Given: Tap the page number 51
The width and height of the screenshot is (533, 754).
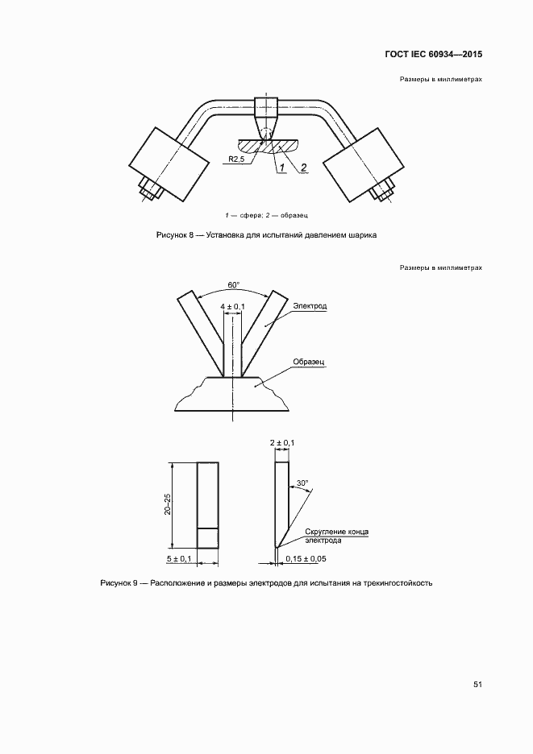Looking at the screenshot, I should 477,684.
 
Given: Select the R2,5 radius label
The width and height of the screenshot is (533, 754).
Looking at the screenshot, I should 235,159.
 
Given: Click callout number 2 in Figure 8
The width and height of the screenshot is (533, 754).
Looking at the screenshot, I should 303,168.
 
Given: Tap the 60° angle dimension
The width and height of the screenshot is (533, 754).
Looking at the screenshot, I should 234,284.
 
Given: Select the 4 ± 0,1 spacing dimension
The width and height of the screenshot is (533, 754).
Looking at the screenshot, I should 233,306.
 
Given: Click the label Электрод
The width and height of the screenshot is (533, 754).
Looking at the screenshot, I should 309,306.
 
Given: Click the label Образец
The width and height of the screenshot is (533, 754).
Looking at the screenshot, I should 309,362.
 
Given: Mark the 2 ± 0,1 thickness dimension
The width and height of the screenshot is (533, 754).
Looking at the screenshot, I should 282,443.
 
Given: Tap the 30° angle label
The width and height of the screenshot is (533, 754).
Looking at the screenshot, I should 302,483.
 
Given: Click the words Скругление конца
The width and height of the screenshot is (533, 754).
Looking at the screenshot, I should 337,532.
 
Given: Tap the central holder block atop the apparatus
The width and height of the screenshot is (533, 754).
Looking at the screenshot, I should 265,107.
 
